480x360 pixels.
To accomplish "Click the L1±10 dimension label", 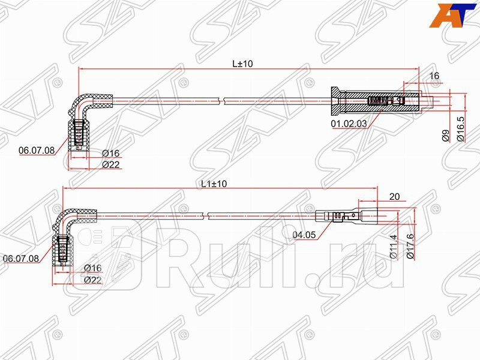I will (x=214, y=184).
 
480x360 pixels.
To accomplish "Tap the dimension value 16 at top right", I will (x=434, y=76).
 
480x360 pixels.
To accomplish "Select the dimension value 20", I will (x=394, y=196).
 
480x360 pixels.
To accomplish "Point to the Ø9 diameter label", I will (x=445, y=136).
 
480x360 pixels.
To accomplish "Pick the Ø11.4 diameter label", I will (x=394, y=247).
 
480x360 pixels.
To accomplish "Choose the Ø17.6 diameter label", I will (x=409, y=247).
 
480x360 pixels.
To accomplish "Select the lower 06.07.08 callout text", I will (x=21, y=259).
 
